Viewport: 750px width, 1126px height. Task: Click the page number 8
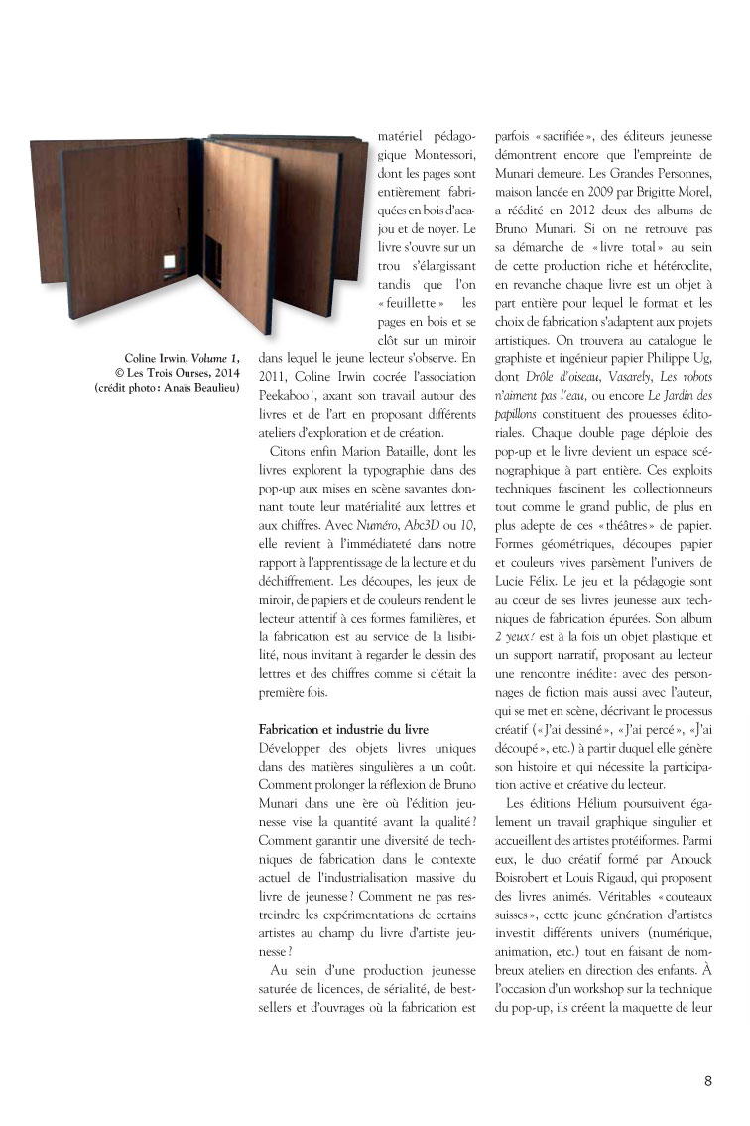coord(708,1081)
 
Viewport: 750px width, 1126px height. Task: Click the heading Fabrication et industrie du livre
coord(342,728)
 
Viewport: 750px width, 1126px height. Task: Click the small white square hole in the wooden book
coord(171,261)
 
